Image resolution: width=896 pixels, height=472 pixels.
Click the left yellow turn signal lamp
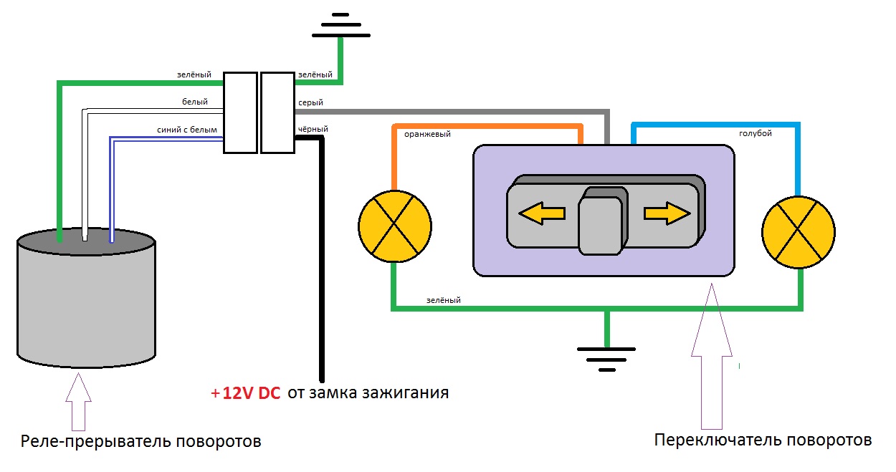395,226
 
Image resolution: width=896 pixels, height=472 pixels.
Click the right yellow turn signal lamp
799,231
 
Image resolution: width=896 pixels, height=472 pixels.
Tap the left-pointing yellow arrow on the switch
542,213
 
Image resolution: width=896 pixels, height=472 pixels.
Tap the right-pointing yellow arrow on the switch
667,213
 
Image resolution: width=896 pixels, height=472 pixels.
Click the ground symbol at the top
341,23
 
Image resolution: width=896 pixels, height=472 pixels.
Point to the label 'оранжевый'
427,133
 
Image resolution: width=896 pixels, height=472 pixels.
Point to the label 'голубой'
756,133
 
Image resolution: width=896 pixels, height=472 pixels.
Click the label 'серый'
310,102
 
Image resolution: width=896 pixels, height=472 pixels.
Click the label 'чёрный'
313,129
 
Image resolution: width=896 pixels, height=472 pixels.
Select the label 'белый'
195,102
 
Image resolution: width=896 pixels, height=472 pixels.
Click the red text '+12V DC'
245,393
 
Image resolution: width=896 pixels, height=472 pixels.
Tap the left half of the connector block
240,112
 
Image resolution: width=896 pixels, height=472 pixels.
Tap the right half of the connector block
277,112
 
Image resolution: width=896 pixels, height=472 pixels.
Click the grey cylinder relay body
86,308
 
